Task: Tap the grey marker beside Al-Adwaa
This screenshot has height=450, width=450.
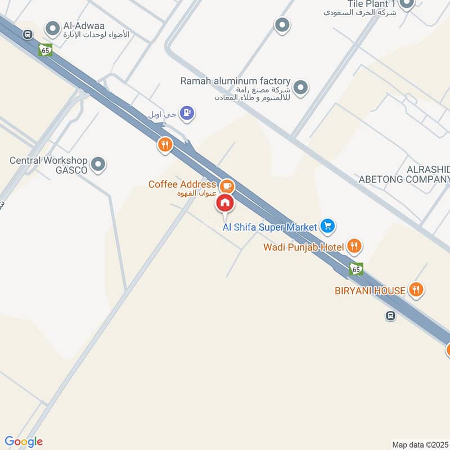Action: click(53, 28)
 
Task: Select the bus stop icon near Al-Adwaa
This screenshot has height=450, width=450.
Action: click(27, 35)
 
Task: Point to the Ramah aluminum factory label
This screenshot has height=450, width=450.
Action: click(235, 81)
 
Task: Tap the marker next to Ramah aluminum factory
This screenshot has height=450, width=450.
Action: click(301, 87)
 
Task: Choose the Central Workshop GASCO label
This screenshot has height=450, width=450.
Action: click(48, 165)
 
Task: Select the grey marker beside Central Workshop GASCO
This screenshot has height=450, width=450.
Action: click(98, 165)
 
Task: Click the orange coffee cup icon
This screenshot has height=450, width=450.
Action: click(227, 184)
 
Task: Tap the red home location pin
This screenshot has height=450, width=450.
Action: click(225, 203)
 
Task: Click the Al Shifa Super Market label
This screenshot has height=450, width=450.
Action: click(270, 227)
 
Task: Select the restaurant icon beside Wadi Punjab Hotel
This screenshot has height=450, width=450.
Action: click(354, 245)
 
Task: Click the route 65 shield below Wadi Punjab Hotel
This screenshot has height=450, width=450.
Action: click(355, 269)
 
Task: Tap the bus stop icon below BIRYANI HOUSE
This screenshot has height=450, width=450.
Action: click(390, 316)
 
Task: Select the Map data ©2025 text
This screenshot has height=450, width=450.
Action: click(420, 444)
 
